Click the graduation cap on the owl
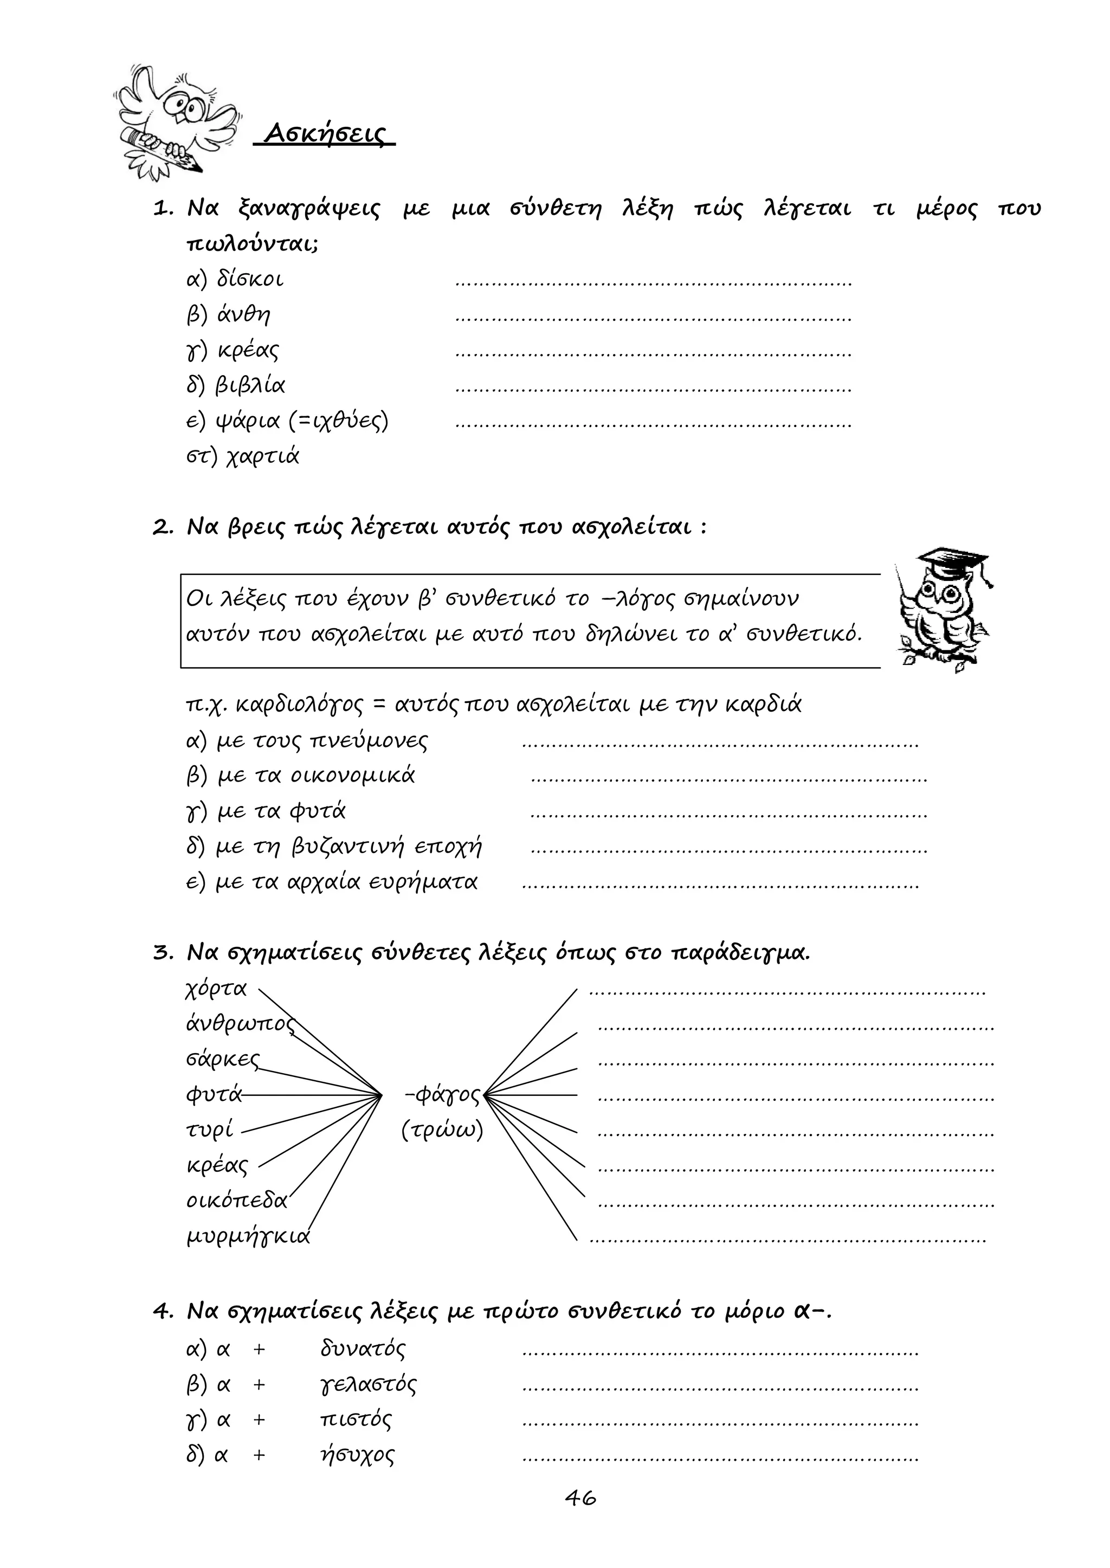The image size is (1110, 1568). click(953, 560)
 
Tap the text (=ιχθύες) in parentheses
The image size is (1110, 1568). click(338, 421)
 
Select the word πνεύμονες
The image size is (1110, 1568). click(369, 741)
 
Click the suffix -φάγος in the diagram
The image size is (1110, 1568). click(443, 1095)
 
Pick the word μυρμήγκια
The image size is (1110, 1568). click(248, 1236)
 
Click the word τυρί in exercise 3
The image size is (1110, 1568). click(210, 1131)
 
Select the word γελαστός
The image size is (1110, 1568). click(367, 1385)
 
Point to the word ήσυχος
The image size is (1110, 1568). click(357, 1455)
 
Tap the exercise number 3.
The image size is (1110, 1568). click(162, 953)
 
